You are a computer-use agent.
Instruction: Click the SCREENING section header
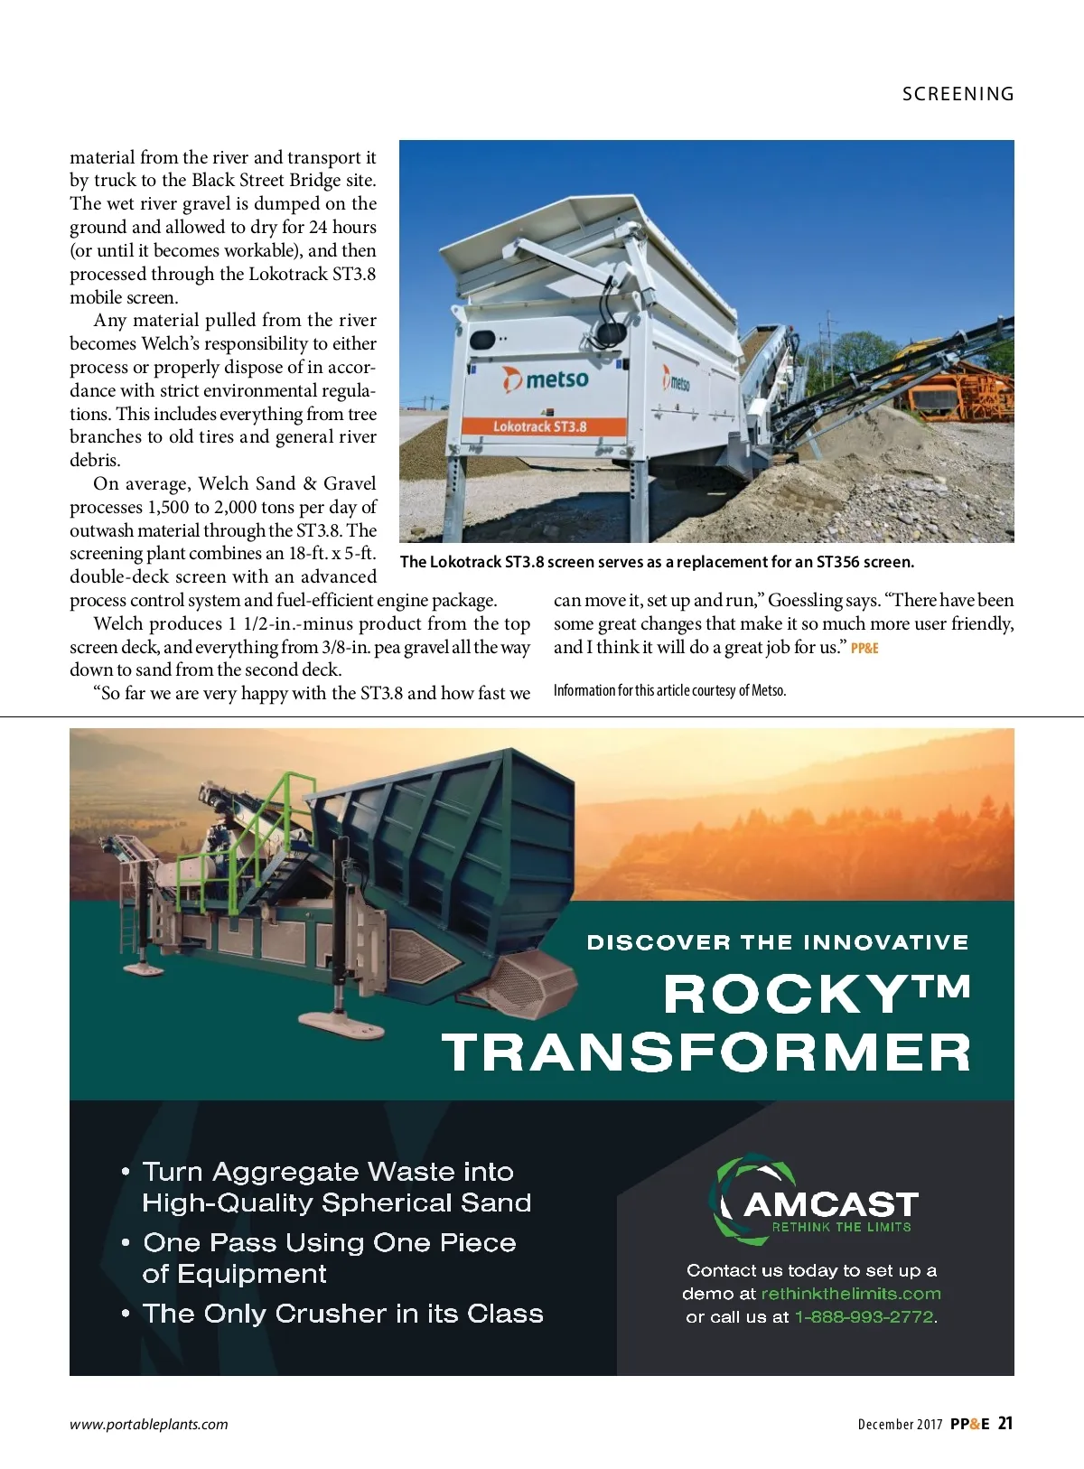click(958, 94)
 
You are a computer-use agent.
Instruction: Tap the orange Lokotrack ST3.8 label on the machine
click(539, 426)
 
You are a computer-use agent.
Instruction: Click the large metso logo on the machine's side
click(547, 379)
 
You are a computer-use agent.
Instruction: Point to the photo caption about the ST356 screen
click(657, 562)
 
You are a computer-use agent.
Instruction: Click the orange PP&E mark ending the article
click(864, 648)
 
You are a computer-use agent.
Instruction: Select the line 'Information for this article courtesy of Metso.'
click(669, 690)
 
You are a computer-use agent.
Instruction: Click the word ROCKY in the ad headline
click(782, 994)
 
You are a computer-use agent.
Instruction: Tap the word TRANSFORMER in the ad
click(706, 1053)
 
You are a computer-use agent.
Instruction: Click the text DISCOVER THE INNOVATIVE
click(777, 942)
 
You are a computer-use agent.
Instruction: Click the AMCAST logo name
click(830, 1204)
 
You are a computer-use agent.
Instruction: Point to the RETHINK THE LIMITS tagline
click(841, 1227)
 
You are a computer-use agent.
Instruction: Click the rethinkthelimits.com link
click(851, 1294)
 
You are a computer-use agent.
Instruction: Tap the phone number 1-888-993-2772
click(864, 1317)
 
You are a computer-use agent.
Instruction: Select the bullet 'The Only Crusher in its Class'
click(342, 1314)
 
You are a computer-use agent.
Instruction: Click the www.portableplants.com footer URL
click(149, 1424)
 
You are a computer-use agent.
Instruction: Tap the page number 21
click(1005, 1423)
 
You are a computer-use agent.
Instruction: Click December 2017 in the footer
click(900, 1425)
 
